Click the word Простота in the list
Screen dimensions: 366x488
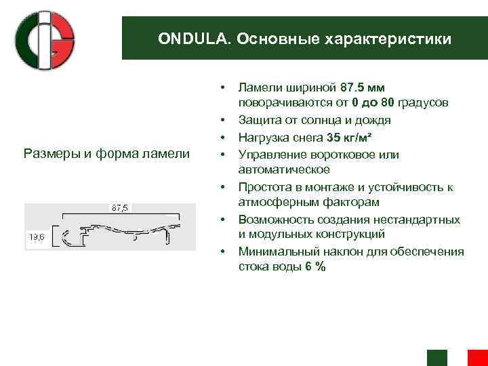(261, 186)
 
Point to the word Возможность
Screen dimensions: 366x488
(272, 220)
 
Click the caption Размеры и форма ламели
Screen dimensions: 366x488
(106, 153)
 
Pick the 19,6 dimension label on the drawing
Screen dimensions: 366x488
(36, 236)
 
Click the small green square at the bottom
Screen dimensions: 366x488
(437, 359)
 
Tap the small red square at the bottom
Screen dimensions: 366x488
(478, 359)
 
